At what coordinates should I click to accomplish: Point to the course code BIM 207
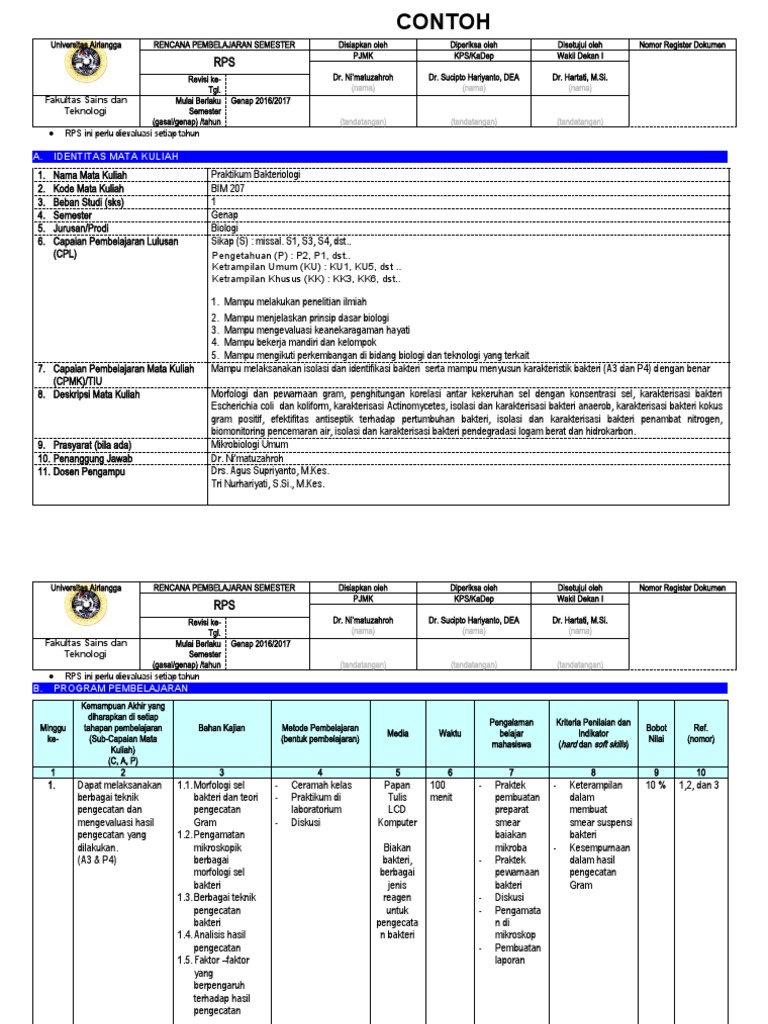tap(228, 187)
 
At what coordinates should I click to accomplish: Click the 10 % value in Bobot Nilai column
tap(656, 786)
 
